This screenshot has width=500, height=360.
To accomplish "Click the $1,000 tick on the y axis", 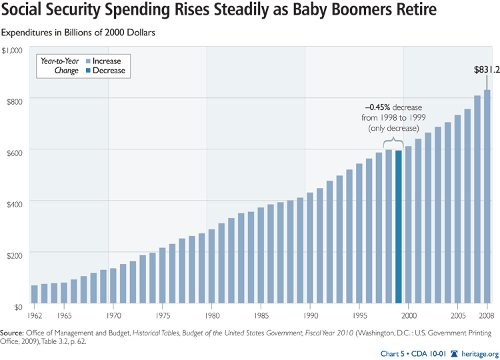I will (x=13, y=50).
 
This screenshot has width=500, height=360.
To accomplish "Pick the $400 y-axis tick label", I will (x=15, y=202).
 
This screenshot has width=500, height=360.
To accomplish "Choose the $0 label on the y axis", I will (x=19, y=307).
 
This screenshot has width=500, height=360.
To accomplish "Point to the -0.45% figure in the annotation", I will (x=377, y=106).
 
